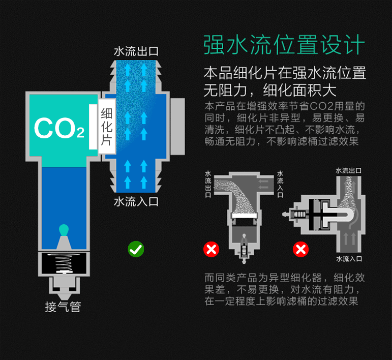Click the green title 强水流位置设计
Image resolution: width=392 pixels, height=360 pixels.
coord(284,44)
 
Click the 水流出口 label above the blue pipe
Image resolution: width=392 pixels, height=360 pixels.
coord(136,52)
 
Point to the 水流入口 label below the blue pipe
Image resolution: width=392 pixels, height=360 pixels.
coord(136,201)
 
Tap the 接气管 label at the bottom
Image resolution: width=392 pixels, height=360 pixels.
coord(63,307)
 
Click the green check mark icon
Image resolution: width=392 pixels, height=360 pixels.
coord(136,249)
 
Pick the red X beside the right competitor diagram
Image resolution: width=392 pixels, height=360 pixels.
coord(301,249)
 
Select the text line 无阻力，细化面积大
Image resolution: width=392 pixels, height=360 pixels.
coord(270,90)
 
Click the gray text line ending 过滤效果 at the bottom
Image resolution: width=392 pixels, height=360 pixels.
coord(281,301)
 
